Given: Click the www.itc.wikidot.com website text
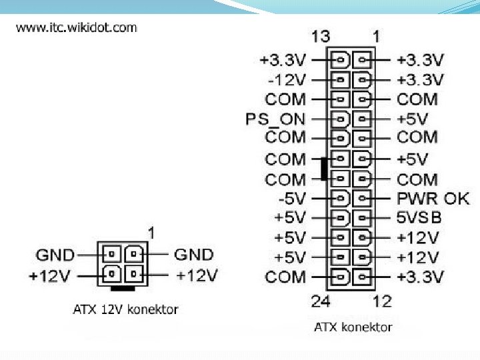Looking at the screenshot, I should tap(76, 28).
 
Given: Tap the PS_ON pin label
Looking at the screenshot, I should tap(275, 119).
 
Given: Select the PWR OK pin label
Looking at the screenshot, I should tap(433, 199).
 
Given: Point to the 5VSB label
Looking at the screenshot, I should tap(419, 218).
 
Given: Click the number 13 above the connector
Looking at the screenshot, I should tap(320, 36).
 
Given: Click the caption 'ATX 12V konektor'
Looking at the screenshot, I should tap(125, 309).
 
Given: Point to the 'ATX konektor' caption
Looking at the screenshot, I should tap(353, 327).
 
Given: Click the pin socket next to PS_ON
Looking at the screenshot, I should tap(340, 119).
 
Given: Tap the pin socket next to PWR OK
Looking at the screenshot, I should tap(363, 199).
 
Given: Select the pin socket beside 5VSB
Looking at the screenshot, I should tap(363, 218).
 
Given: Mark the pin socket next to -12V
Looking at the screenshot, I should tap(340, 80).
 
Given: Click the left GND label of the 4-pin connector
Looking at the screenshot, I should tap(55, 254).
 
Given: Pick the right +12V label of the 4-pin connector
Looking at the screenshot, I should tap(197, 275).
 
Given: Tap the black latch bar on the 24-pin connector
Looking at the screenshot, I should tap(323, 169).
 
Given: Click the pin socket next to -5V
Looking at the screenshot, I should tap(340, 199).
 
